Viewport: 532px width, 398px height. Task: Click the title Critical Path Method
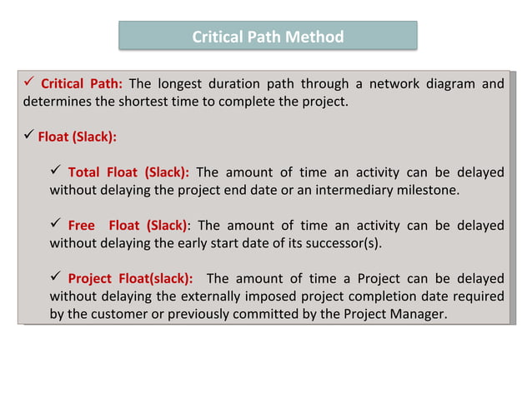click(267, 37)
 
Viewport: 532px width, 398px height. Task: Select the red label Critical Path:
click(82, 83)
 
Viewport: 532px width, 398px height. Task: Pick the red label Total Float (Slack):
click(128, 172)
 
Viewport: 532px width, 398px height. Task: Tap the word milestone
click(427, 191)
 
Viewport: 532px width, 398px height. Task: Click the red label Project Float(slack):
click(130, 278)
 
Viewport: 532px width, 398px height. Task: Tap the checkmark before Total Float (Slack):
click(56, 172)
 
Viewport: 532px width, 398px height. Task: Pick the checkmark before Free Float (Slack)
click(56, 225)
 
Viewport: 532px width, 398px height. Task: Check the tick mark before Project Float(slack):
click(56, 277)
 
